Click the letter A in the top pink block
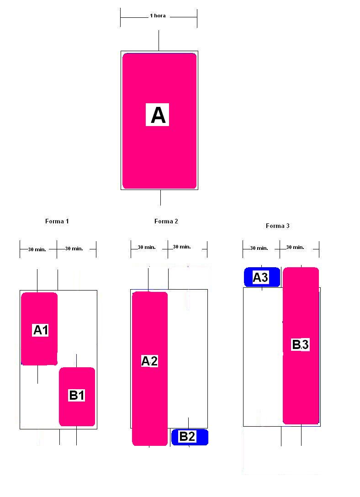coord(158,115)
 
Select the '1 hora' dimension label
coord(158,16)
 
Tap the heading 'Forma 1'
coord(57,221)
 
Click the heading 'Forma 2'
coord(166,221)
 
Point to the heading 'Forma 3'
coord(278,226)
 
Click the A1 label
coord(41,330)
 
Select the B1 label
coord(77,395)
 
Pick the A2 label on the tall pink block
coord(149,361)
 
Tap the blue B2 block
coord(190,437)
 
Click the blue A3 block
coord(261,277)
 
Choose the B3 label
coord(300,345)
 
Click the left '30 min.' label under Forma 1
coord(37,249)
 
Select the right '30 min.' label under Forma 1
coord(74,248)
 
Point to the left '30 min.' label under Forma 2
coord(147,247)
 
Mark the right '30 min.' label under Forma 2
coord(182,247)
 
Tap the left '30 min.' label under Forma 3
coord(259,248)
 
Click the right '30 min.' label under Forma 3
coord(295,247)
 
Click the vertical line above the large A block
coord(159,40)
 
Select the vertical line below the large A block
coord(160,197)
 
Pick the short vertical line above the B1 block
coord(76,360)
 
